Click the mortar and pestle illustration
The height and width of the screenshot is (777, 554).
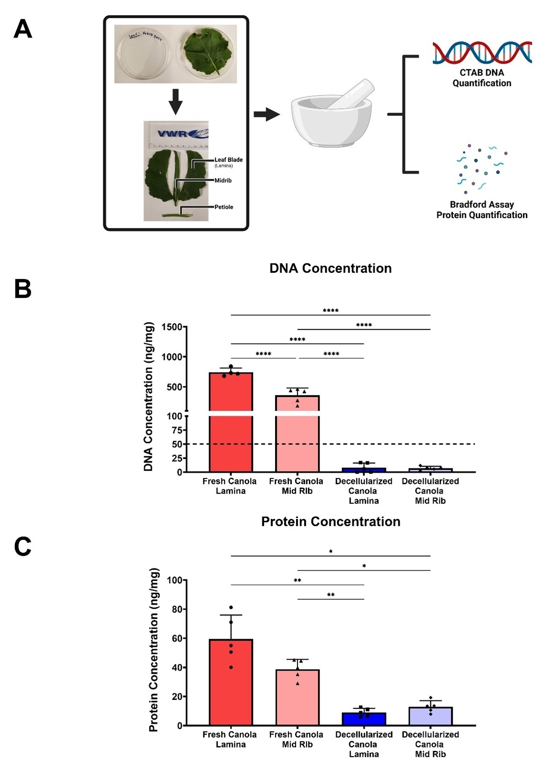pos(331,114)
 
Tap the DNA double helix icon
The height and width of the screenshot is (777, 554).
pos(482,52)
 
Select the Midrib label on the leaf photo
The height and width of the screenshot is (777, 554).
pos(223,180)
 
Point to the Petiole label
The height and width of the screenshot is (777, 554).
pos(224,207)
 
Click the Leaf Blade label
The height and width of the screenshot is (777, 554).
pos(228,160)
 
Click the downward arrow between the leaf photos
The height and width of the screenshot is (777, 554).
pos(176,101)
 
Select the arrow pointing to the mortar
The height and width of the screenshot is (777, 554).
pos(266,114)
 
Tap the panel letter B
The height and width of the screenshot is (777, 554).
pos(23,289)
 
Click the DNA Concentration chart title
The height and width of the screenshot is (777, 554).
pos(330,269)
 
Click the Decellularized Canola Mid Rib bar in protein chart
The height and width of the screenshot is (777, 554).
pos(430,716)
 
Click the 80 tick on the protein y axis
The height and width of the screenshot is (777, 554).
pos(177,609)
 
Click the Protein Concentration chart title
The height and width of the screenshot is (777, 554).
pos(330,522)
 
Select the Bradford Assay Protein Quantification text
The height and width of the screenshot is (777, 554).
pos(482,210)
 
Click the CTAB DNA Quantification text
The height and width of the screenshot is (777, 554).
pos(482,78)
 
